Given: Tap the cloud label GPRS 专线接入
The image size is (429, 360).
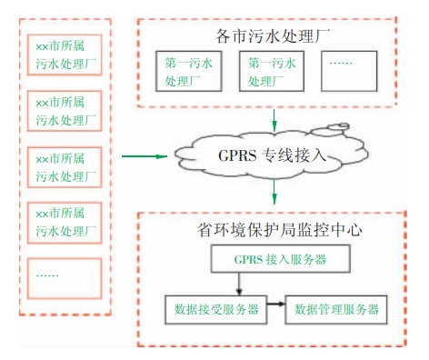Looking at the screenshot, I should tap(272, 155).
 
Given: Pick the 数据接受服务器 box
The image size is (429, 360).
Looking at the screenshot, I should tap(215, 308).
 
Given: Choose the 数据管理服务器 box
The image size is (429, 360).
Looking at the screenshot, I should tap(336, 308).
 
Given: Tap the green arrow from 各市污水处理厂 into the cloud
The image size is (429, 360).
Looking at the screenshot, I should tap(274, 120).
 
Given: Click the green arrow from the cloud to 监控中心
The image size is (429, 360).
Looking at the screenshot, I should tap(274, 194).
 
